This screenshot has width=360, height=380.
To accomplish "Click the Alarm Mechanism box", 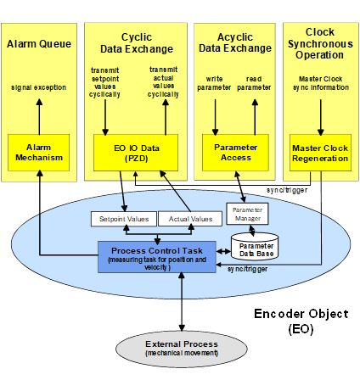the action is coord(38,153).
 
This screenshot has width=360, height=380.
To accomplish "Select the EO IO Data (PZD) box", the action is coord(136,153).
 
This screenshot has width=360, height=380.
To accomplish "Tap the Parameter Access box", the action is coord(235,153).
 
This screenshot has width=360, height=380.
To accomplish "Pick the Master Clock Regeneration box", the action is coord(320,153).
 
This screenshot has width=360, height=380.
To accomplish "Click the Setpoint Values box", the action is coord(124,219).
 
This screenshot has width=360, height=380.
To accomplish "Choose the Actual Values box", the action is coord(190,219).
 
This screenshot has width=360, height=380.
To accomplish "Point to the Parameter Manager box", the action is coord(247,214).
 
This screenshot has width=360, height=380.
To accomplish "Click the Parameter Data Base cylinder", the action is coord(255,247).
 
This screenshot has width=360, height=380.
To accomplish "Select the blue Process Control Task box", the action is coord(157,257).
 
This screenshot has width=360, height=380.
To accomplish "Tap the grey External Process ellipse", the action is coord(182,349).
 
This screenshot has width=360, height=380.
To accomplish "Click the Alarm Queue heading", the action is coord(39,44).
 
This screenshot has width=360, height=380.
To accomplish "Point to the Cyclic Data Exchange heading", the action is coord(137,43).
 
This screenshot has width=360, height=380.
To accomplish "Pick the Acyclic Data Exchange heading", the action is coord(235,42).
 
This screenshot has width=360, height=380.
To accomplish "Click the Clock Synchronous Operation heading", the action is coord(320,43).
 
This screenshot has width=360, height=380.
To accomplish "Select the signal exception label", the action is coord(39,87).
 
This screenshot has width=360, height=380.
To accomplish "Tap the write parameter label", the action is coord(214,83).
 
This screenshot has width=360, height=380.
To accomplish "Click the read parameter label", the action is coord(254,83).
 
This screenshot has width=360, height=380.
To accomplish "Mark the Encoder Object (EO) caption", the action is coord(301,321).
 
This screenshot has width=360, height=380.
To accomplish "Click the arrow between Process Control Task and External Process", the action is coord(182,302).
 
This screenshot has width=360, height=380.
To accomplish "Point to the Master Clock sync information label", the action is coord(321,83).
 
